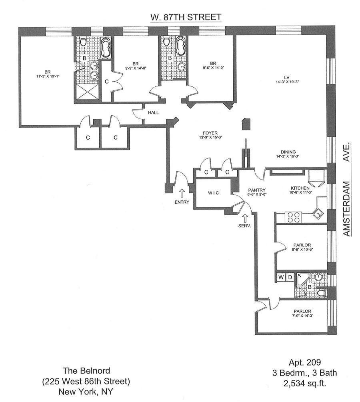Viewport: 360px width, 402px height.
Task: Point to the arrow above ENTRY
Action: click(x=181, y=193)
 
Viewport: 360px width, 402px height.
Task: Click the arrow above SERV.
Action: click(x=245, y=218)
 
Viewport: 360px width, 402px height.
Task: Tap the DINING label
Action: click(x=288, y=152)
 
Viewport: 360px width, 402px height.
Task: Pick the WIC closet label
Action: click(x=212, y=193)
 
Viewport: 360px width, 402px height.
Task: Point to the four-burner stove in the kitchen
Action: click(x=293, y=217)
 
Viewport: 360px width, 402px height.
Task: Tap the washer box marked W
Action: click(x=281, y=276)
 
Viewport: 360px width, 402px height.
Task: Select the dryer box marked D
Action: click(x=290, y=276)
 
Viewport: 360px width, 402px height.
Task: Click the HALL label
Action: click(x=153, y=113)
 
